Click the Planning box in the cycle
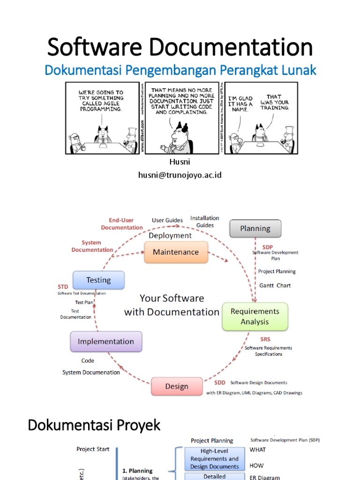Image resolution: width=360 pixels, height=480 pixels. tap(255, 228)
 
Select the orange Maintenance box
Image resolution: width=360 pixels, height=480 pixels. tap(176, 252)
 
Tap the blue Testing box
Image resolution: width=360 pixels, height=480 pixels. tap(98, 280)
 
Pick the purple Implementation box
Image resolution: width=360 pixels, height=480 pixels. tap(105, 342)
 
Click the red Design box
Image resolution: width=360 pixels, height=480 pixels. tap(177, 387)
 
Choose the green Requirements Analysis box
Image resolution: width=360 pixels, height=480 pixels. tap(255, 316)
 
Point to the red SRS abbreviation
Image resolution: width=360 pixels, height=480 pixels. tap(265, 339)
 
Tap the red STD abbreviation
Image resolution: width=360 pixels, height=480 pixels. tap(63, 286)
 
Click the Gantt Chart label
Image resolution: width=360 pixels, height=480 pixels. tap(275, 285)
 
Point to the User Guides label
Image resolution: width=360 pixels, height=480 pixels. tap(167, 220)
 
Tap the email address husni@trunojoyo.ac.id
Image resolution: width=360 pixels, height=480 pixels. tap(180, 175)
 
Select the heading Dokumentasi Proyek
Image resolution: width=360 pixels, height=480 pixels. tap(94, 425)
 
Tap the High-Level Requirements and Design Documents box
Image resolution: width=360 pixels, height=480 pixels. tap(214, 458)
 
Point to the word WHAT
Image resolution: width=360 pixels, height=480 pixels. tap(257, 450)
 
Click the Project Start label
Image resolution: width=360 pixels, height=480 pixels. tap(93, 449)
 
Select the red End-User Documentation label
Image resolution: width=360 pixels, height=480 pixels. tap(122, 224)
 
